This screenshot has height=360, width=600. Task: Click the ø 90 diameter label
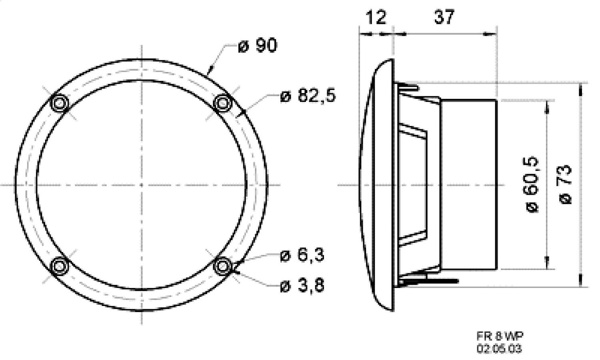[x=257, y=46]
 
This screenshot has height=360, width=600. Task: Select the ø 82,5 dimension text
[x=308, y=96]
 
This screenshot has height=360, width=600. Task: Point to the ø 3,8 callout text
[x=302, y=286]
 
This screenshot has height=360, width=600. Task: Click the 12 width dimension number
[x=376, y=17]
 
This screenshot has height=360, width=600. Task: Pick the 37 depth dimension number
[x=444, y=17]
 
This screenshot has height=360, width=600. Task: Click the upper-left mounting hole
[x=60, y=103]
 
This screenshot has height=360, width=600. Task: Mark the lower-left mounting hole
[x=60, y=266]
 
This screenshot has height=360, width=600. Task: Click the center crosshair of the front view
[x=142, y=185]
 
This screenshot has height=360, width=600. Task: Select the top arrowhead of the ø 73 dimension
[x=580, y=87]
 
